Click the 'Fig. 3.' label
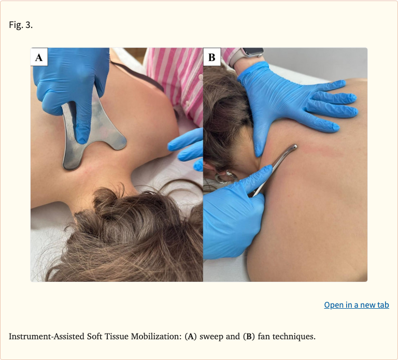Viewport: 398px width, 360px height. pos(21,25)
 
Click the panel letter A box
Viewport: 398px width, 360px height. pos(39,57)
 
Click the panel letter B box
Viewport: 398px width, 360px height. pos(212,57)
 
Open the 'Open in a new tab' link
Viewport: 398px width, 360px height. pos(357,305)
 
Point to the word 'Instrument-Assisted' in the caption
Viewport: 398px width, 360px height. pos(47,336)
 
